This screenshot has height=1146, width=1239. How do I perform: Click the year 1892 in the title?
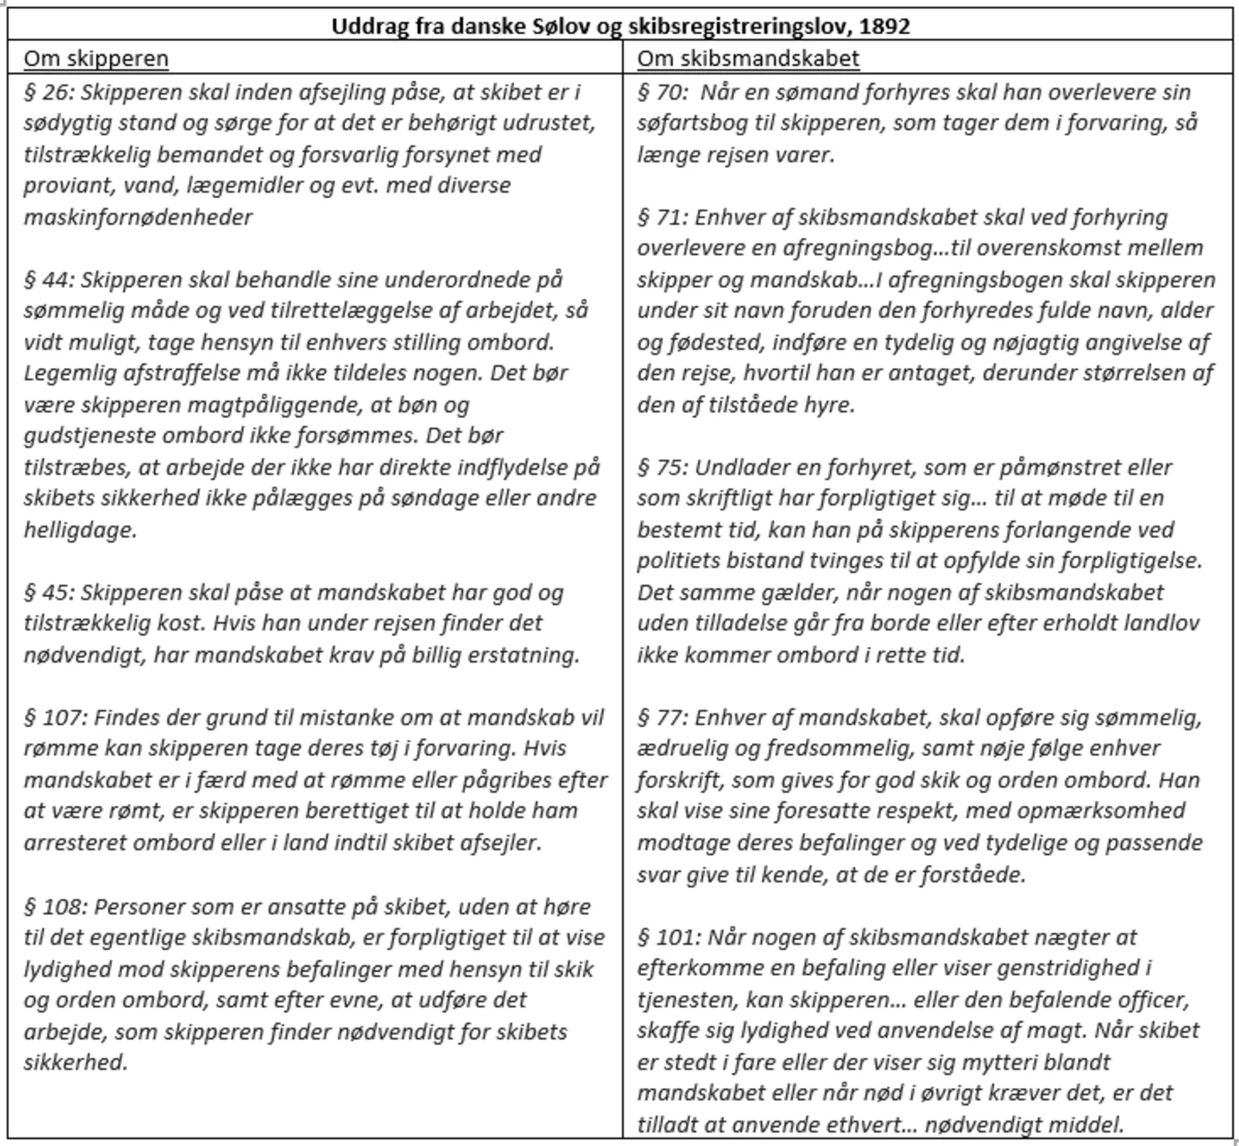[x=884, y=26]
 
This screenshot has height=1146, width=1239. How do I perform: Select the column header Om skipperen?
[x=96, y=59]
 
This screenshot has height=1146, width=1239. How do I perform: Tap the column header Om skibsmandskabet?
[x=748, y=59]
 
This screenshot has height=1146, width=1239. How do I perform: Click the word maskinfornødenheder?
[x=138, y=217]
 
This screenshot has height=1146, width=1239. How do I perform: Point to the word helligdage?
[x=80, y=530]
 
